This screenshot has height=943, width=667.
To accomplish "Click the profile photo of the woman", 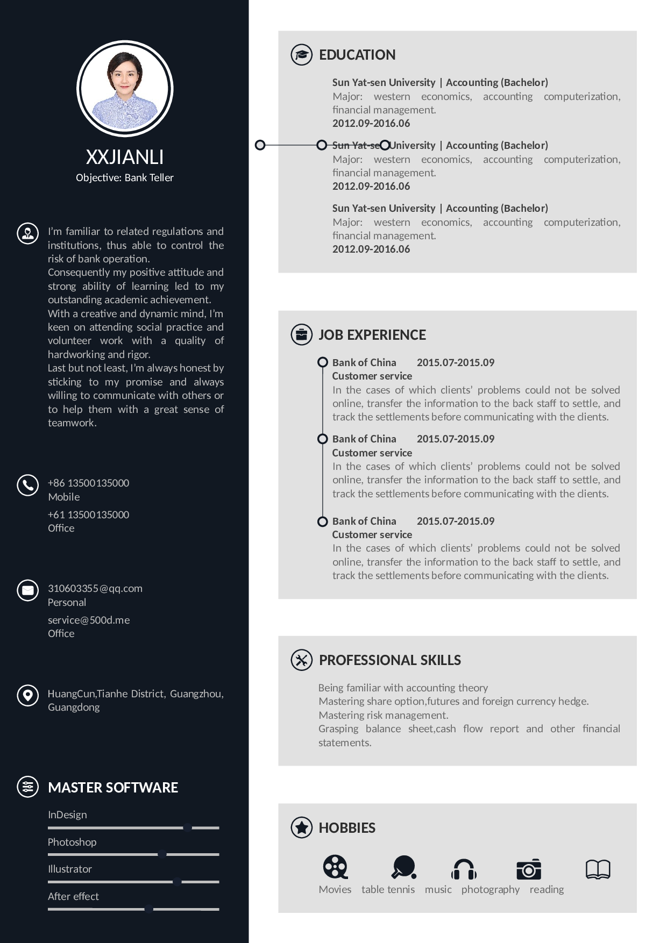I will pos(125,89).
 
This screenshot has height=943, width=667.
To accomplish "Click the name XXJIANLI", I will pos(125,157).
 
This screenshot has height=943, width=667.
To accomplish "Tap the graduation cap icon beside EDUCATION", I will pos(301,55).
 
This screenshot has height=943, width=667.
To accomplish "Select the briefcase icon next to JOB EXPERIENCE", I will pos(301,334).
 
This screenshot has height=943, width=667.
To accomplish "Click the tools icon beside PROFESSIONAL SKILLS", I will pos(301,660).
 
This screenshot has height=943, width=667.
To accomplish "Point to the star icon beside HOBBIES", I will pos(301,827).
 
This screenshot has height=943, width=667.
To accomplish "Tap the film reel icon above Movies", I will pos(335,867).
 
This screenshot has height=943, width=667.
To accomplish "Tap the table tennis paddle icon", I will pos(403,867).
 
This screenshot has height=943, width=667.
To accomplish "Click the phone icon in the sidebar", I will pos(28,485).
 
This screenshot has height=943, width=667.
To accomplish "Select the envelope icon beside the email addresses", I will pos(28,590).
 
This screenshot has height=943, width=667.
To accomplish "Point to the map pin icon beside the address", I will pos(28,695).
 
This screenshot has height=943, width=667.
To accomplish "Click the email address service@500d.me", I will pos(89,620).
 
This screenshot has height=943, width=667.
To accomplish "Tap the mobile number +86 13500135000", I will pos(89,483).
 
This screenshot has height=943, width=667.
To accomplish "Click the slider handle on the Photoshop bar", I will pos(162,854).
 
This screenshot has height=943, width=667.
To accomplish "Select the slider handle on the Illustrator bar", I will pos(177,882).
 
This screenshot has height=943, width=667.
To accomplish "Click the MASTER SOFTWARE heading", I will pos(113,788).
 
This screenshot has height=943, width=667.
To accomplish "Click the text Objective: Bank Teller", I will pos(125,177).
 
